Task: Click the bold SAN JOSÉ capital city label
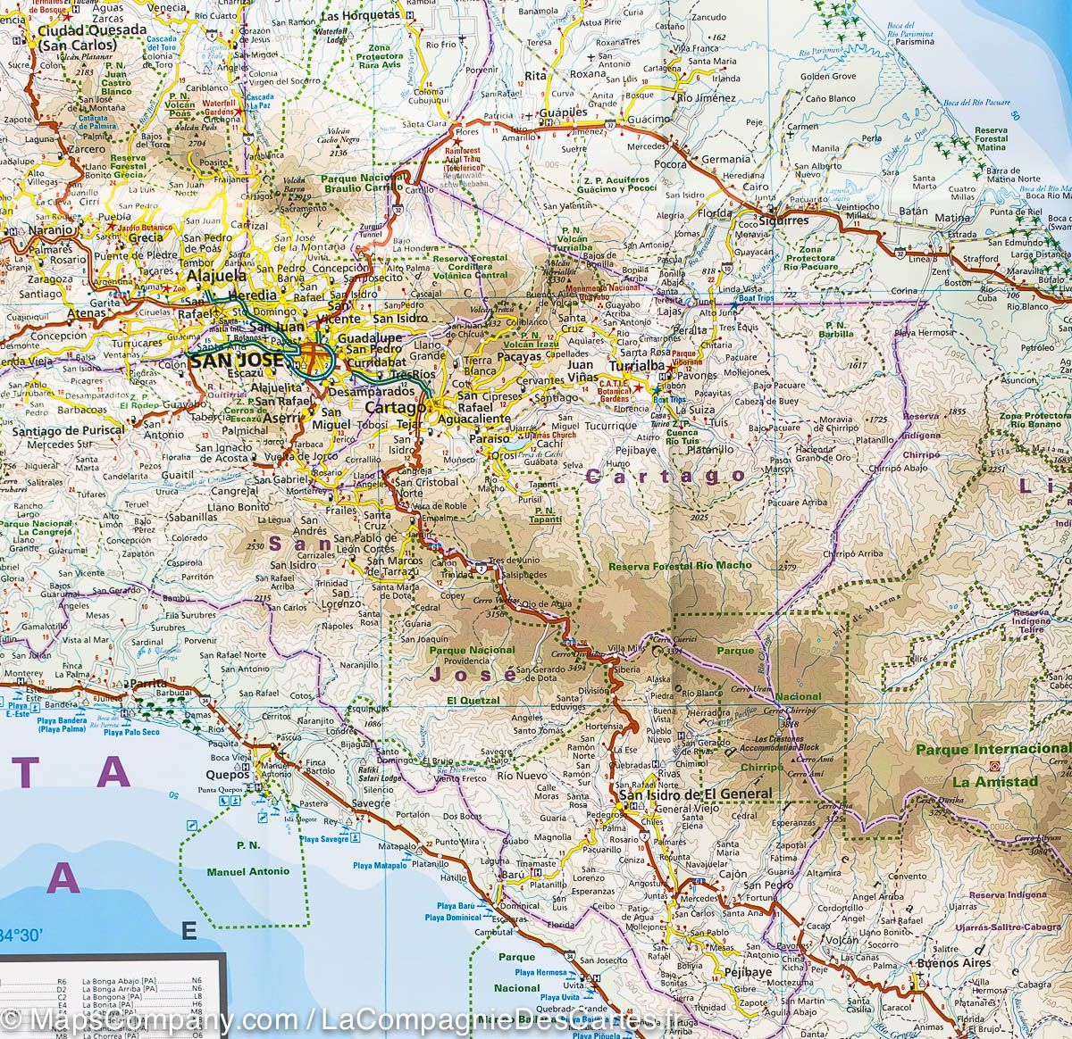click(237, 361)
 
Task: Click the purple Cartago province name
click(666, 477)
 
